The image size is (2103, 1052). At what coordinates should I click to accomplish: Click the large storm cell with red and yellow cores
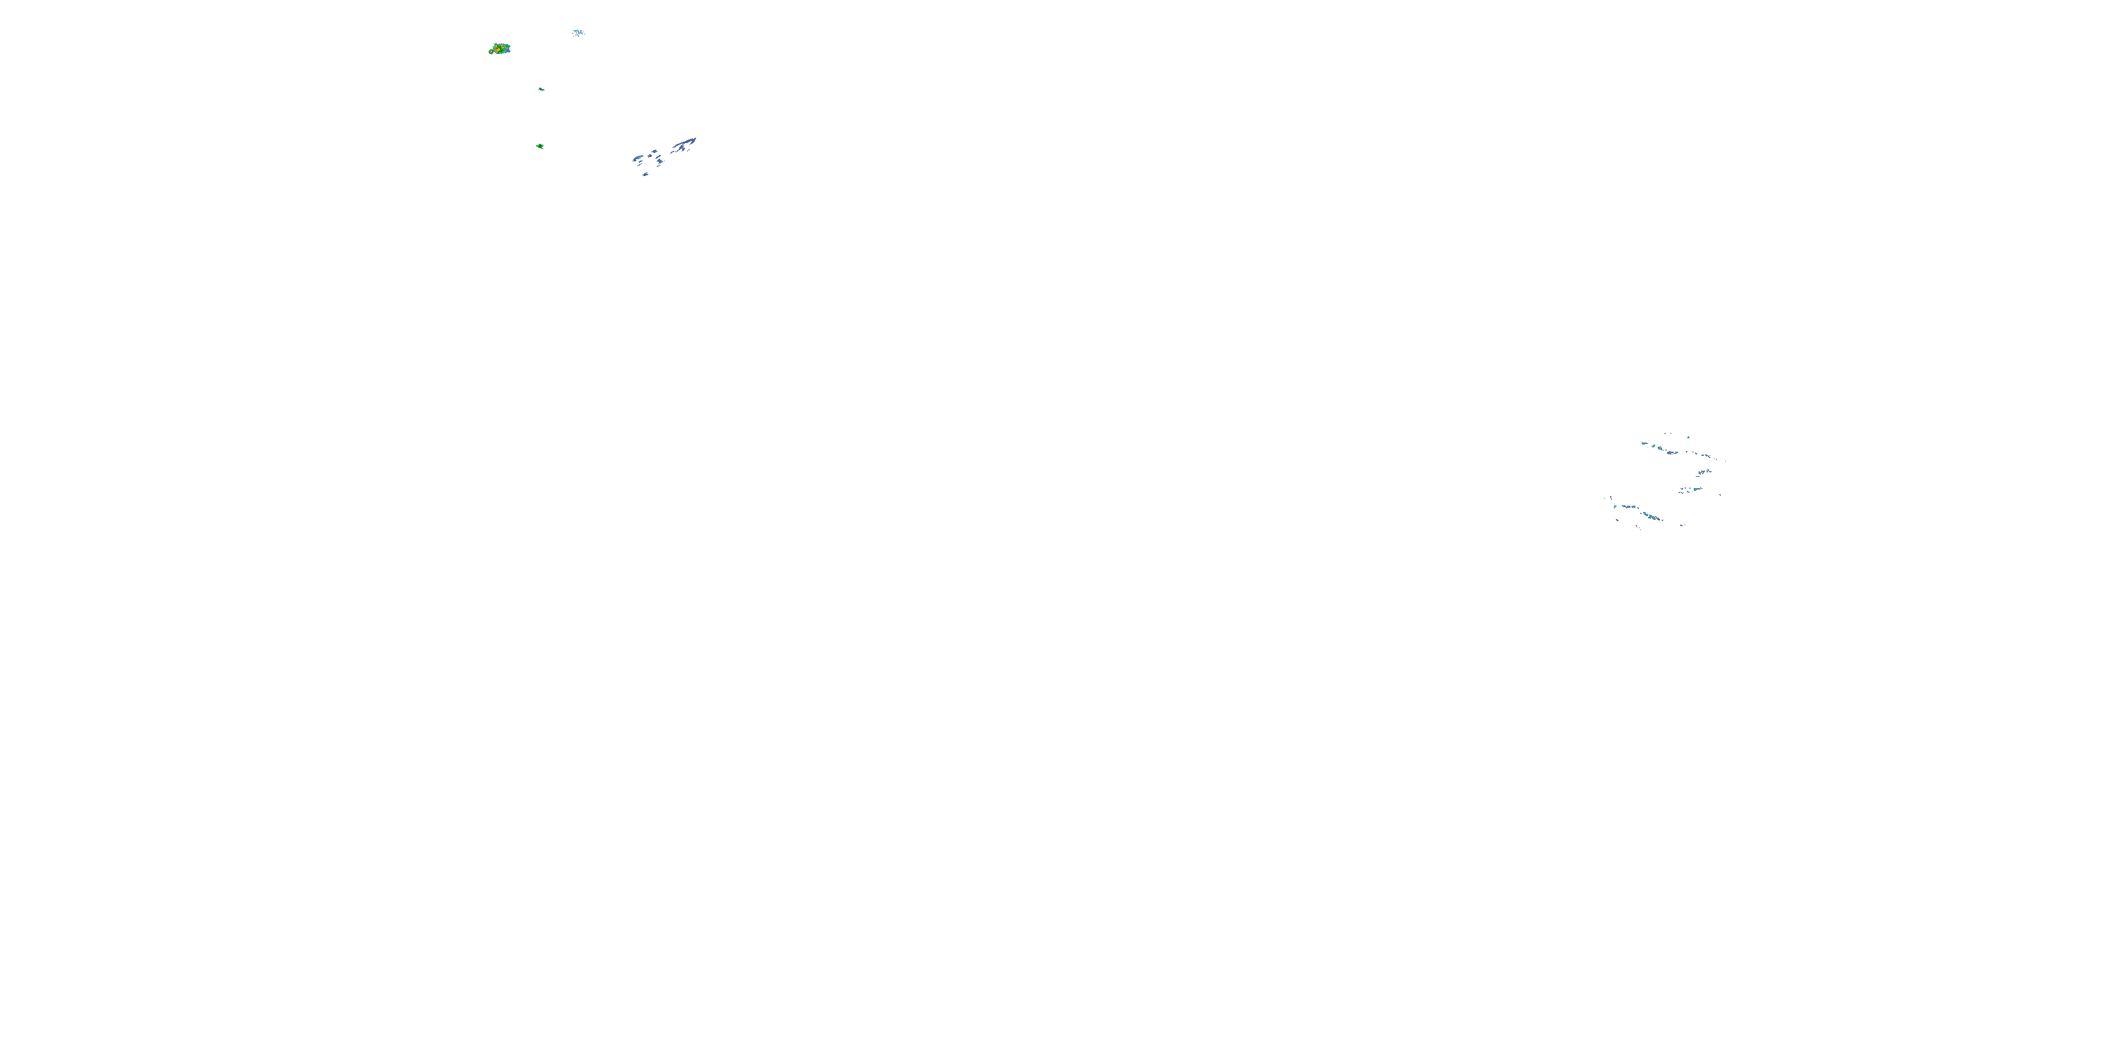coord(501,49)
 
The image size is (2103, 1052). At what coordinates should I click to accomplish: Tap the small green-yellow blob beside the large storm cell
coord(491,51)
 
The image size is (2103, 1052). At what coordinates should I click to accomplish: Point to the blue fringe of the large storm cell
coord(508,50)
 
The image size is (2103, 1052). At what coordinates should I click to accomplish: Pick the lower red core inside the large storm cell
coord(496,50)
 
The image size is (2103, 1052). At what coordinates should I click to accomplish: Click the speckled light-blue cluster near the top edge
coord(579,33)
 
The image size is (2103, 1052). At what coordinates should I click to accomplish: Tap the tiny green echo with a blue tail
coord(541,89)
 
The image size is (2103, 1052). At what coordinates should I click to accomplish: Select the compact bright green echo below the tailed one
coord(540,146)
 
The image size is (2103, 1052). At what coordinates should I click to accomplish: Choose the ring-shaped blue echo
coord(650,156)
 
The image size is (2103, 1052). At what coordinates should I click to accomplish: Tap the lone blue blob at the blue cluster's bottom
coord(646,175)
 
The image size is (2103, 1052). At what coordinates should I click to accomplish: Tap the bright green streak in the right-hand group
coord(1696,490)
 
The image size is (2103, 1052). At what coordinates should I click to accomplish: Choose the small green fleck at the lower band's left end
coord(1616,506)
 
